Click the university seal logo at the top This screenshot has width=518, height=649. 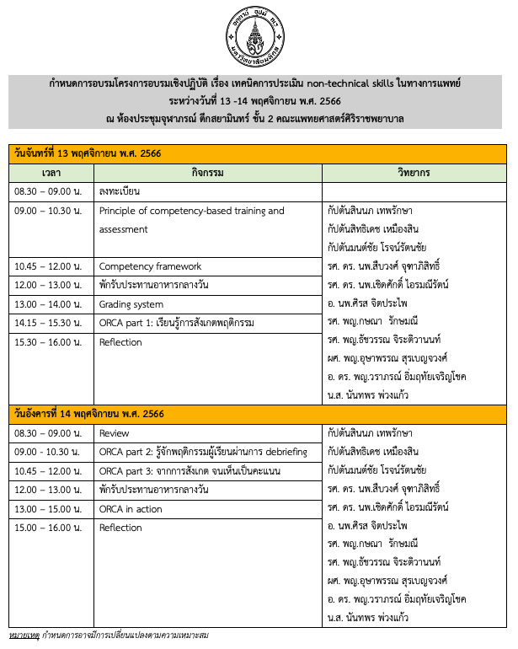[259, 35]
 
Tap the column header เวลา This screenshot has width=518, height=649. [51, 172]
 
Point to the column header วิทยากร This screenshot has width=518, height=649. [414, 172]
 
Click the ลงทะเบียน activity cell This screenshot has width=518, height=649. [120, 191]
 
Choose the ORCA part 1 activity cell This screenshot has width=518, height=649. [176, 323]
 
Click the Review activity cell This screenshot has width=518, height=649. [115, 433]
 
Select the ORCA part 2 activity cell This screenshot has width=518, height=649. [203, 452]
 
